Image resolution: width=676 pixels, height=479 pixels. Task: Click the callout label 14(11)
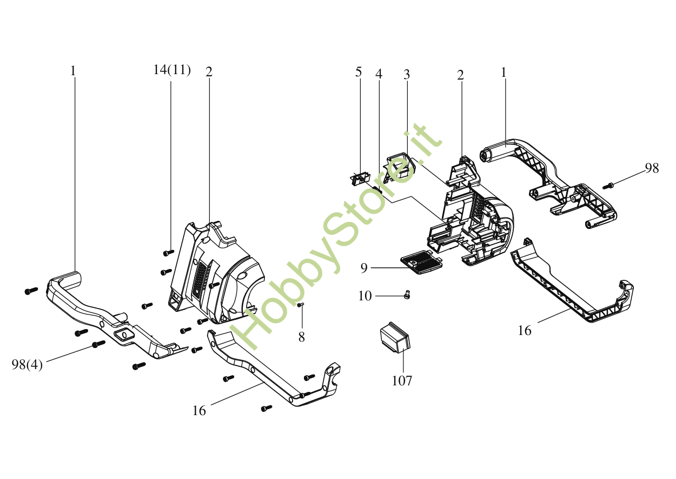[172, 70]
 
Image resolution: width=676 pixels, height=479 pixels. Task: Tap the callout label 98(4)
[27, 364]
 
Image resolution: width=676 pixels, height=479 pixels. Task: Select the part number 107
[402, 381]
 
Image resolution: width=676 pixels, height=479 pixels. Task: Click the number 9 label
[364, 268]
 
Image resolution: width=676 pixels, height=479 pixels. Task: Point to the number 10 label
[365, 296]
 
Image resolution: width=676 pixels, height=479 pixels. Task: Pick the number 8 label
[301, 337]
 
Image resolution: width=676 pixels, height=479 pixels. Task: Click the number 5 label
[359, 73]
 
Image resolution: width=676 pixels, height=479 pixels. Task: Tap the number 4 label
[379, 74]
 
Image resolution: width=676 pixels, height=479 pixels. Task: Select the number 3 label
[407, 75]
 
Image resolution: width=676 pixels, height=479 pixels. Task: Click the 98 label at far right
[652, 168]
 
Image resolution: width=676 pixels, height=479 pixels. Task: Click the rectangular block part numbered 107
[395, 338]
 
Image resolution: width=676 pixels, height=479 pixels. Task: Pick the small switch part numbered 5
[360, 178]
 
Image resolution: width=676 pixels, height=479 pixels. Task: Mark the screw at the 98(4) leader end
[98, 344]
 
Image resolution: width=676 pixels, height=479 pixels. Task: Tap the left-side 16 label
[199, 411]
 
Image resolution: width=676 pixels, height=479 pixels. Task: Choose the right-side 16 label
[525, 331]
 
